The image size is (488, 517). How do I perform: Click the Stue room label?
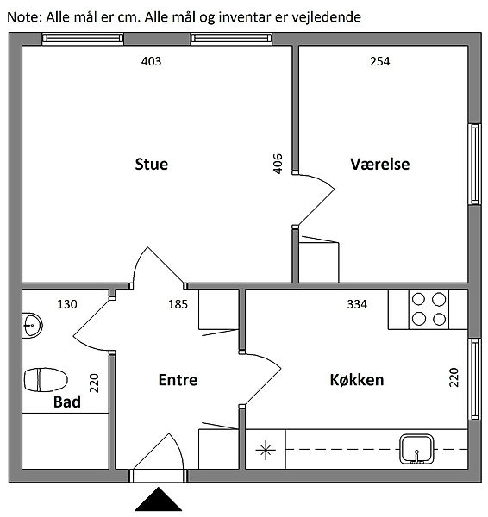[152, 165]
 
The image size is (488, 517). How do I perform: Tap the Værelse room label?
[379, 165]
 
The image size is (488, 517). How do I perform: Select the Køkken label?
[357, 380]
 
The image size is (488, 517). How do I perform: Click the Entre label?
[178, 380]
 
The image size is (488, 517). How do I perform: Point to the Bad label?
[67, 402]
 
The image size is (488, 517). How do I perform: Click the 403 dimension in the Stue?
[151, 61]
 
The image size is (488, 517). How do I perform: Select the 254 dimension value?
[379, 61]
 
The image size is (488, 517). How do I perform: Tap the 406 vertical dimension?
[278, 164]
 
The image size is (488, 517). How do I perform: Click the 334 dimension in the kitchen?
[357, 304]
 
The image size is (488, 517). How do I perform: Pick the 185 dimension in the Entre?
[178, 304]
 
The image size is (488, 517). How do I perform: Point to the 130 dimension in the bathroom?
[67, 304]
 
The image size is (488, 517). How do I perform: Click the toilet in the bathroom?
[46, 379]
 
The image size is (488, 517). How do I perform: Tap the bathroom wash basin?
[32, 326]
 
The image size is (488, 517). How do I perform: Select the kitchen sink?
[416, 449]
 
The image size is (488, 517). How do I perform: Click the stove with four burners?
[429, 309]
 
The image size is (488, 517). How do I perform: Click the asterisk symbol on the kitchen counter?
[266, 450]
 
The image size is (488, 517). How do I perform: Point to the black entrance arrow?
[159, 499]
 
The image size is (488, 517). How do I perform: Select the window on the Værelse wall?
[475, 165]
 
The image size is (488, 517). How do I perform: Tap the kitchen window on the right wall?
[475, 379]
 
